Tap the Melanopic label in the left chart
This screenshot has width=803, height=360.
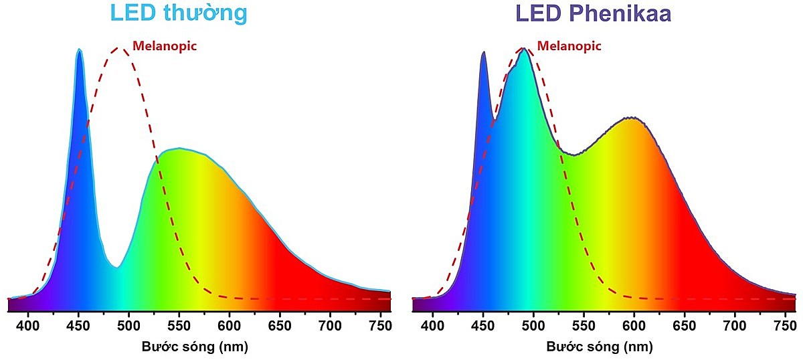coord(165,46)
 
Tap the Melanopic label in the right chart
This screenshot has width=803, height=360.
coord(569,46)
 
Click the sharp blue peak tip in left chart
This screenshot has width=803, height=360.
coord(79,50)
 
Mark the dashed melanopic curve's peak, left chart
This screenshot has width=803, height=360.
coord(120,48)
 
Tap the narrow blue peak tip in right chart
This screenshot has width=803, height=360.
coord(482,52)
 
